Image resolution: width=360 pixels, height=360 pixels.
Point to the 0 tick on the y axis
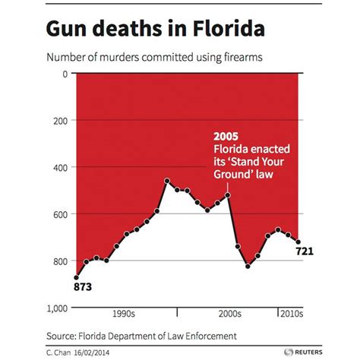click(x=65, y=74)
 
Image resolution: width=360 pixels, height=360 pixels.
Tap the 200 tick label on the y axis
click(x=60, y=121)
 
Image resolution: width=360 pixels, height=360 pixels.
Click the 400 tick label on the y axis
click(x=60, y=167)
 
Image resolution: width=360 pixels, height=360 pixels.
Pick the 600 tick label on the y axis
click(x=60, y=214)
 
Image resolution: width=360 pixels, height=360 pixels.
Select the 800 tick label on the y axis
click(x=60, y=261)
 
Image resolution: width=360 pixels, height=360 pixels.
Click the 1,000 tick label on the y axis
click(x=55, y=308)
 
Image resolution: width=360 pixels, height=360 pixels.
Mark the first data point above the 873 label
click(x=76, y=277)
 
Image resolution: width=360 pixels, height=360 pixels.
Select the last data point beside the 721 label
click(x=298, y=242)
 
